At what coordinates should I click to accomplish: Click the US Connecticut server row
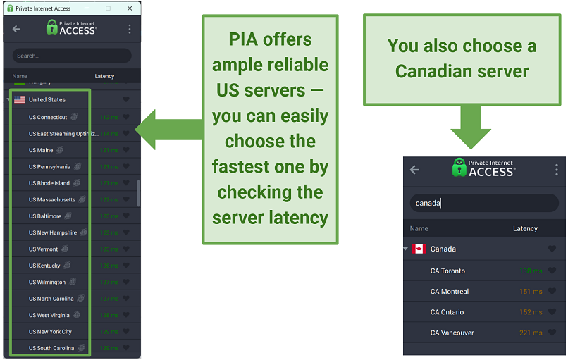coord(48,117)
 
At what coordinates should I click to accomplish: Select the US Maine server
coord(41,150)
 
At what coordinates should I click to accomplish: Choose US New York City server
coord(50,332)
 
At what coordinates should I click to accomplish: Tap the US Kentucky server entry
coord(44,266)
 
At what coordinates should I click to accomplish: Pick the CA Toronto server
coord(447,271)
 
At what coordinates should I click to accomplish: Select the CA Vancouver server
coord(452,333)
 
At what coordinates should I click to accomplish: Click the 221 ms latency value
coord(531,333)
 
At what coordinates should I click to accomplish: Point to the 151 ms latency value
coord(531,292)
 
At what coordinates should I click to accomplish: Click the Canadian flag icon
coord(419,249)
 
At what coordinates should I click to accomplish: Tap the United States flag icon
coord(20,100)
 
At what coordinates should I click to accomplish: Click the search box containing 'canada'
coord(484,203)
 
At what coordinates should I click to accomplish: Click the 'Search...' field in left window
coord(71,56)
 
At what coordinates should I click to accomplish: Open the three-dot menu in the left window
coord(130,29)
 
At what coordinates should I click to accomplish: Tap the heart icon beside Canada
coord(552,249)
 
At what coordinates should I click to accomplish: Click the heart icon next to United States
coord(126,100)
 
